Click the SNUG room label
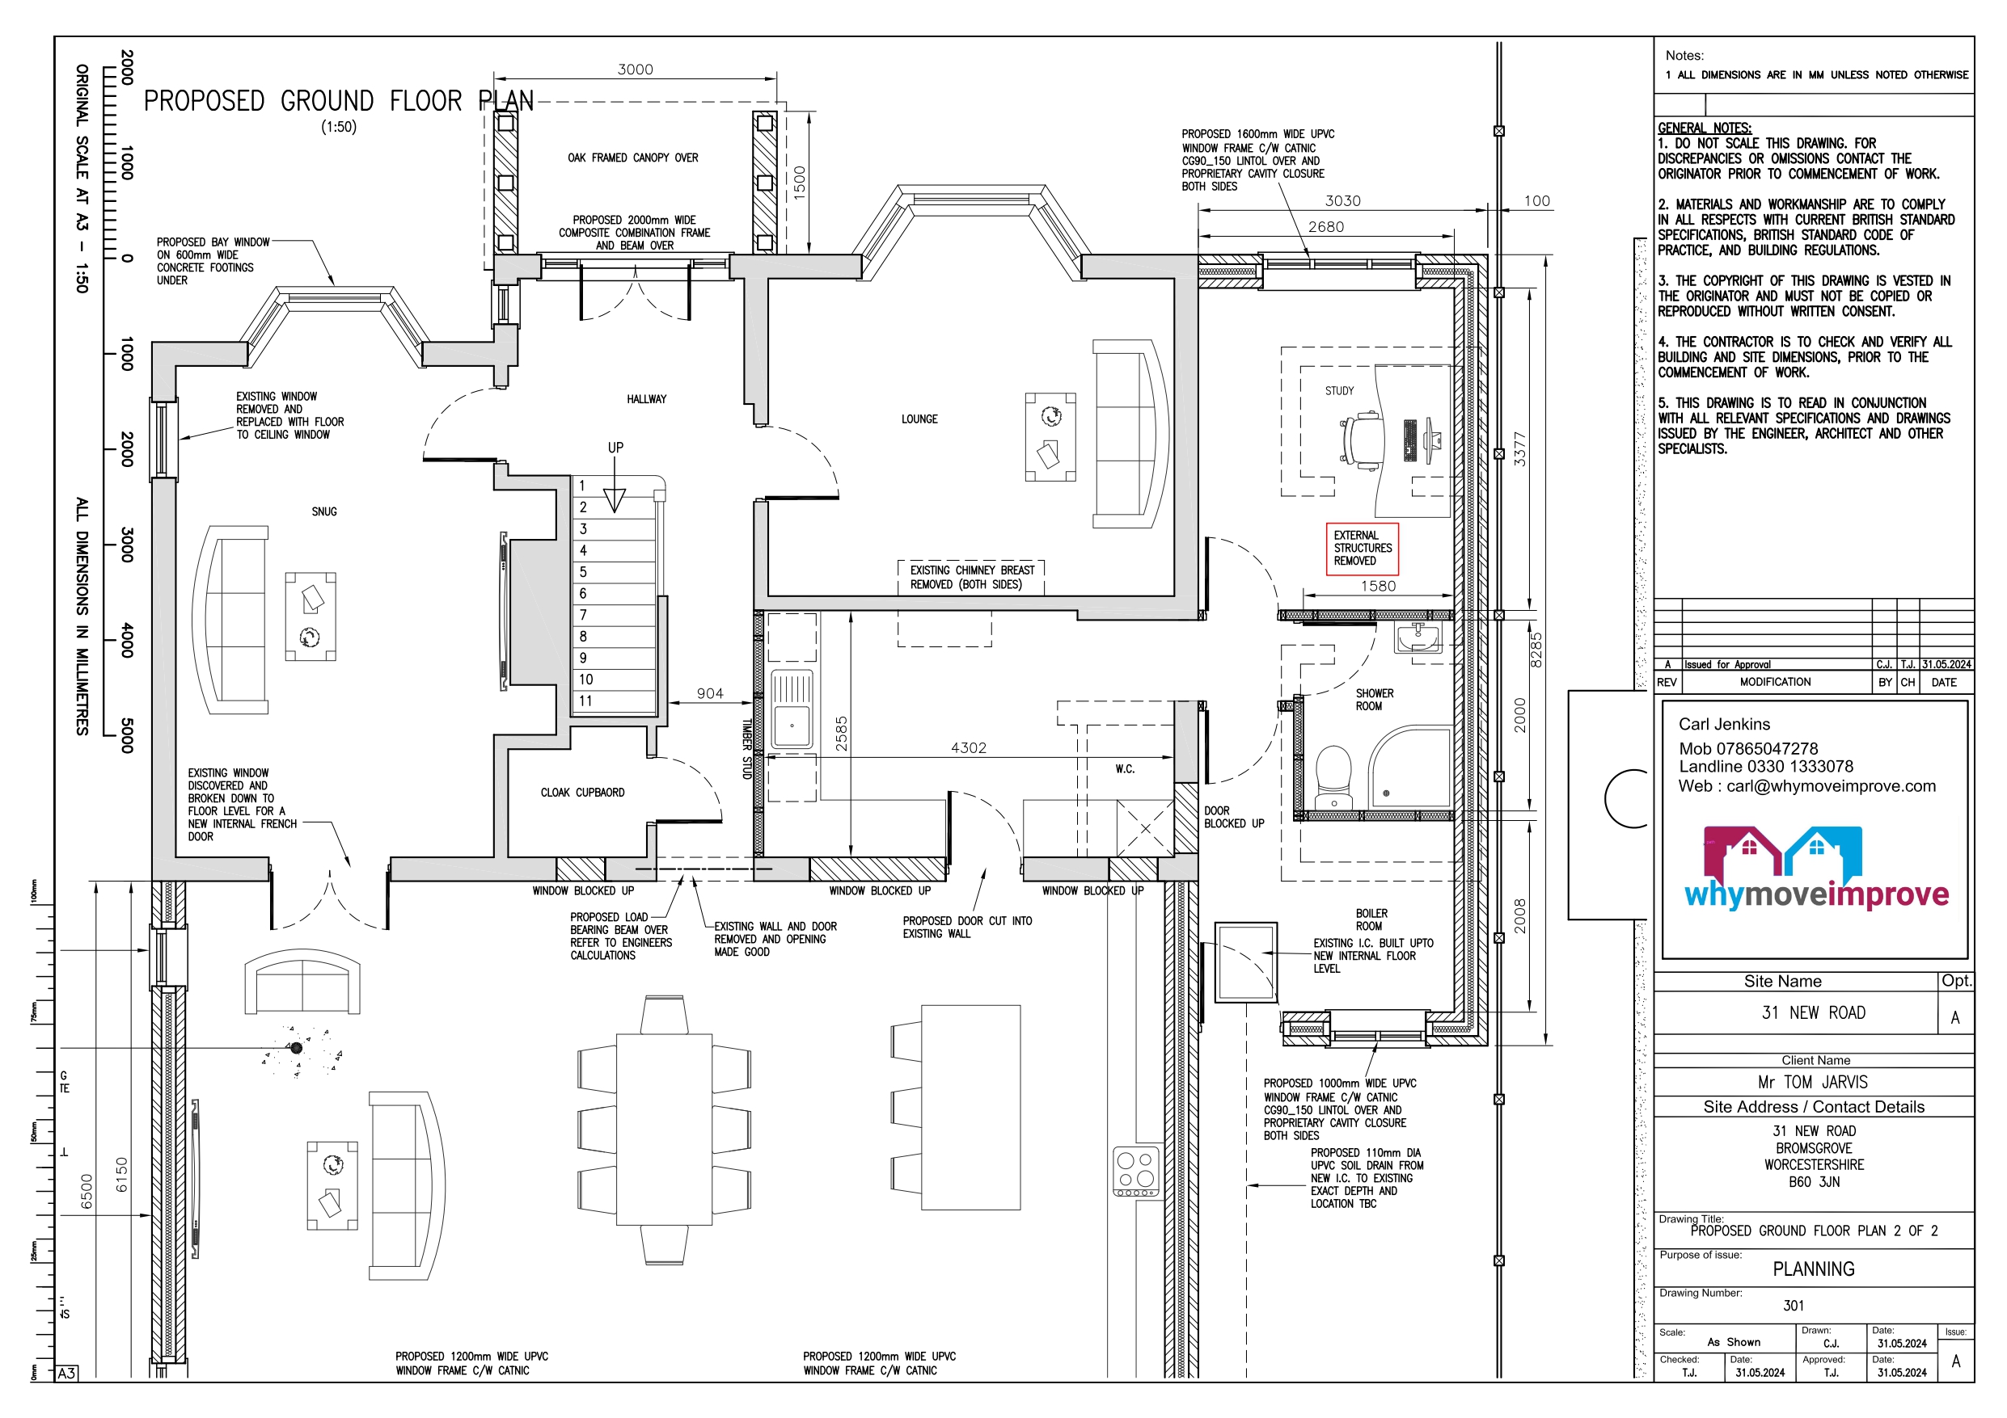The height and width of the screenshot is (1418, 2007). (323, 512)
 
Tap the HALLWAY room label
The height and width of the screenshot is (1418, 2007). (646, 399)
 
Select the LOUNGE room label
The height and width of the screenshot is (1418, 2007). (919, 419)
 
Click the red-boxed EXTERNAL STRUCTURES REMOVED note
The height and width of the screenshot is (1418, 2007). (1362, 549)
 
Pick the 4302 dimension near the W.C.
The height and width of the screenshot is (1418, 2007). (969, 748)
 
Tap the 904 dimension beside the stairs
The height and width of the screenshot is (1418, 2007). (710, 694)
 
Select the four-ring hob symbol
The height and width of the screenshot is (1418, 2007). (1136, 1172)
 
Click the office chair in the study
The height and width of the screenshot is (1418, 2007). (1360, 440)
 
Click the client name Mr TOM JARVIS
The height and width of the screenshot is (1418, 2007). (1813, 1083)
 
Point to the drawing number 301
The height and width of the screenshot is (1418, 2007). (1794, 1306)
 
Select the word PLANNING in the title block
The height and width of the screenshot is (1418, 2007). (1814, 1269)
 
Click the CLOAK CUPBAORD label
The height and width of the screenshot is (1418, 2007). (582, 793)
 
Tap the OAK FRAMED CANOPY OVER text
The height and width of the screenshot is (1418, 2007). (633, 158)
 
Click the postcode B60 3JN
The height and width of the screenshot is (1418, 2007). (1814, 1182)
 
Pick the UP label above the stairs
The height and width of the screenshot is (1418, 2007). (615, 448)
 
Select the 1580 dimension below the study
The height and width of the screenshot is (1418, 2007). (1379, 587)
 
